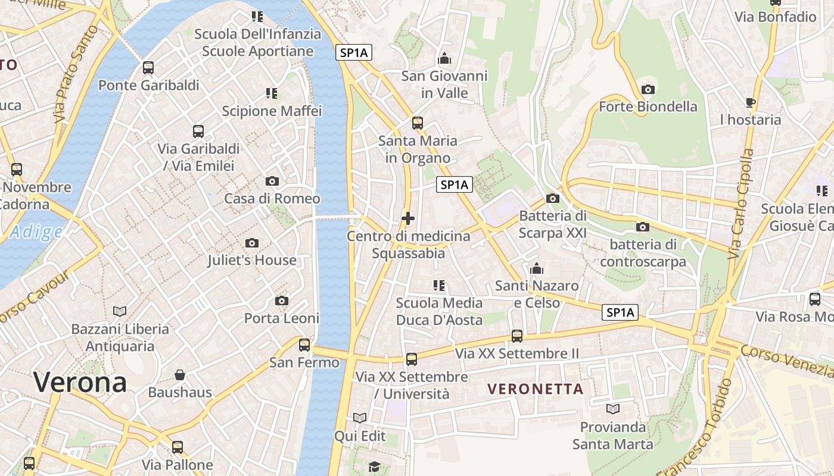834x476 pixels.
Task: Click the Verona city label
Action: pyautogui.click(x=80, y=382)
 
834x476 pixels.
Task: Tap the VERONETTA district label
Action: pyautogui.click(x=535, y=389)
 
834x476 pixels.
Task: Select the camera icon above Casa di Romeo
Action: pyautogui.click(x=272, y=181)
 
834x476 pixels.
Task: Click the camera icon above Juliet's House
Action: pyautogui.click(x=252, y=243)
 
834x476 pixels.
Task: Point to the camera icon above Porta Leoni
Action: pyautogui.click(x=282, y=301)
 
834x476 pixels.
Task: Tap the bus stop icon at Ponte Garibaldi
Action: pyautogui.click(x=148, y=68)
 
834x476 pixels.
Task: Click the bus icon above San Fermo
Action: pyautogui.click(x=304, y=345)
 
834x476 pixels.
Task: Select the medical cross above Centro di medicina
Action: pyautogui.click(x=408, y=219)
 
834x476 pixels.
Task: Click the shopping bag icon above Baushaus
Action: pyautogui.click(x=180, y=375)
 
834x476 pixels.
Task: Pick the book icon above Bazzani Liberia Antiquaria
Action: pyautogui.click(x=120, y=311)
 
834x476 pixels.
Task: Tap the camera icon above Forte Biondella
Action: pyautogui.click(x=648, y=89)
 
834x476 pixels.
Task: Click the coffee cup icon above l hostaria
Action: pyautogui.click(x=750, y=102)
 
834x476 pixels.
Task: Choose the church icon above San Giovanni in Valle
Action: pyautogui.click(x=444, y=59)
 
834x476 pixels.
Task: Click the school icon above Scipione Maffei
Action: pyautogui.click(x=272, y=93)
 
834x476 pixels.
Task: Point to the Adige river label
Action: pyautogui.click(x=36, y=232)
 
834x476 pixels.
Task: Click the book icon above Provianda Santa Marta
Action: pyautogui.click(x=613, y=409)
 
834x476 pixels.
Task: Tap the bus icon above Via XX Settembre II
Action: pyautogui.click(x=517, y=336)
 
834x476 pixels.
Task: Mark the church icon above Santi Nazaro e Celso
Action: pyautogui.click(x=537, y=269)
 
